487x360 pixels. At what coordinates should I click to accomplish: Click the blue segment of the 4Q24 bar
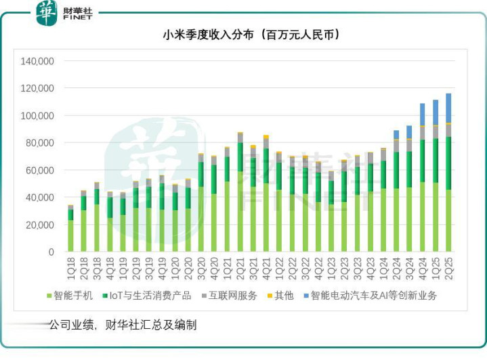click(422, 114)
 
